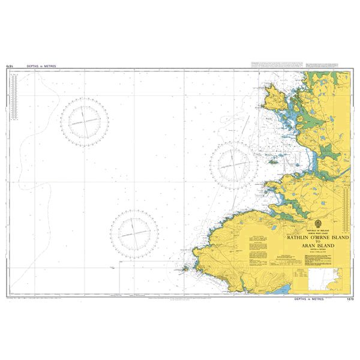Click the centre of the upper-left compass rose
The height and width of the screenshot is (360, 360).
(x=88, y=121)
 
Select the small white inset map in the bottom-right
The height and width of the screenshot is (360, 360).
(x=329, y=280)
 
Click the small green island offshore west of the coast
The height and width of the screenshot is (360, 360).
(x=272, y=161)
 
